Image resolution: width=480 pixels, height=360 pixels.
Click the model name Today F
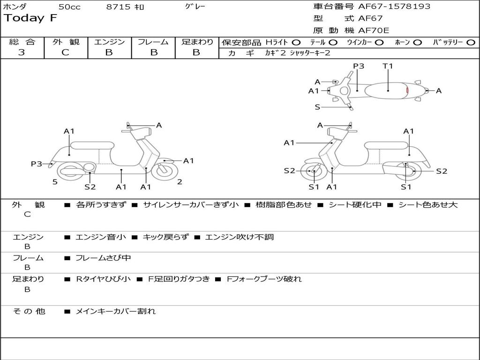coord(30,18)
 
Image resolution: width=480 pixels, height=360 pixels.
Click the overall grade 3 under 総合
coord(22,52)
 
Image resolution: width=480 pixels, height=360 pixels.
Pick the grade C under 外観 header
coord(66,52)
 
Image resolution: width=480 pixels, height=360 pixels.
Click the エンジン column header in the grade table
coord(110,42)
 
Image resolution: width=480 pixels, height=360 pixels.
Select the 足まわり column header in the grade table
coord(197,42)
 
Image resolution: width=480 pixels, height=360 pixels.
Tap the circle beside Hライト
coord(296,43)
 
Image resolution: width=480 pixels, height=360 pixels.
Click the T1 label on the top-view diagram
coord(388,66)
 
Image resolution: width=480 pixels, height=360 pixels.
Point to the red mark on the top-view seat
coord(407,90)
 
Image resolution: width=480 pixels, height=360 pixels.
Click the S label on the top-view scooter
coord(317,107)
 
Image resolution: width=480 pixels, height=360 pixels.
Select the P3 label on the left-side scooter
coord(37,164)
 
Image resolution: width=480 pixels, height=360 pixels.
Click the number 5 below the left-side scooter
coord(55,182)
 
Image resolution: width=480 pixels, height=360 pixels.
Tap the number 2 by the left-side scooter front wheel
coord(180,182)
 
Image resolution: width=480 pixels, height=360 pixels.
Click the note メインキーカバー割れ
coord(115,311)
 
